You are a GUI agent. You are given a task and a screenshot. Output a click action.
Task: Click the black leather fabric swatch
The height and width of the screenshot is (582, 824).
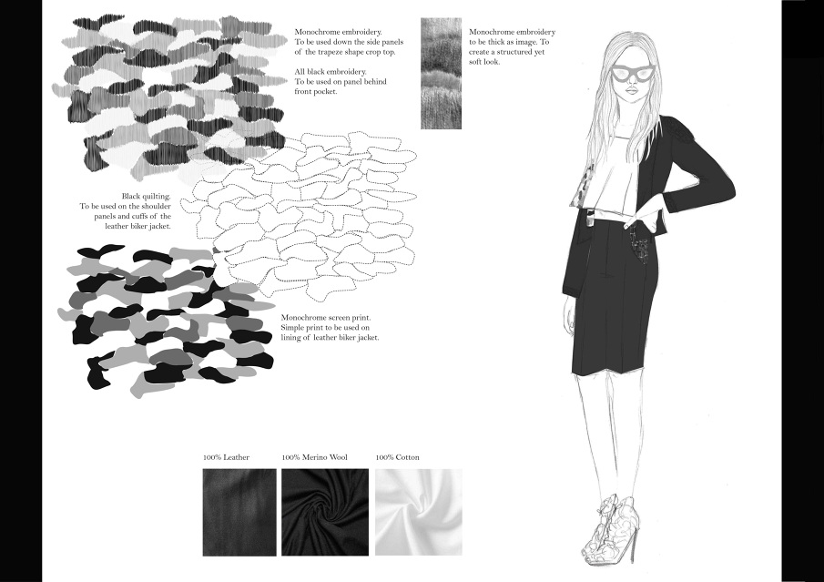coord(239,512)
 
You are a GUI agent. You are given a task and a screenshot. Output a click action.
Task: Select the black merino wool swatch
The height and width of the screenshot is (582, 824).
coord(325,512)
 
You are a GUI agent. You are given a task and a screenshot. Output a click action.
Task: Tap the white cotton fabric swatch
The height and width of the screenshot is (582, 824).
coord(418,512)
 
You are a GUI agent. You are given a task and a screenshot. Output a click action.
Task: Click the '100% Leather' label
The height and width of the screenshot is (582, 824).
coord(226,457)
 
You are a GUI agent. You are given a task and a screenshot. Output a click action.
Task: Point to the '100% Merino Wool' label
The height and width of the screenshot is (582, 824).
coord(314,457)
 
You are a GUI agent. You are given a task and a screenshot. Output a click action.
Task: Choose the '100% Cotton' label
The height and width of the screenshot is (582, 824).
coord(397,457)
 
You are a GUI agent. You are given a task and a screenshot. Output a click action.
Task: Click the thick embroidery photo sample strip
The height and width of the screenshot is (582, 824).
coord(441,74)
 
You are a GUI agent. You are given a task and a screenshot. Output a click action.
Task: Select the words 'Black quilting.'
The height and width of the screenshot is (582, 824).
coord(146,197)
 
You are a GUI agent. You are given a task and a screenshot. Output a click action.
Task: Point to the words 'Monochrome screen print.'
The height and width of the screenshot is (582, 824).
coord(326,318)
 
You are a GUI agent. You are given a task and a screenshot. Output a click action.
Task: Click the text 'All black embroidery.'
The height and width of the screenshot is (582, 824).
coord(331,72)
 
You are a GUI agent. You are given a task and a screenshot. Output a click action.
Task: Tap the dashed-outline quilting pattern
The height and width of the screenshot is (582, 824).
coord(300,216)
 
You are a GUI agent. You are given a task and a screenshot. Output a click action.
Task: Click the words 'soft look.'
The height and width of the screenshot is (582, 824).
coord(484,62)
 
